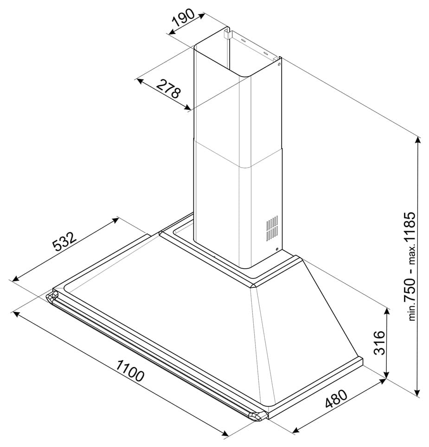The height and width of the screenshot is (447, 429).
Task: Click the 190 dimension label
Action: [x=184, y=18]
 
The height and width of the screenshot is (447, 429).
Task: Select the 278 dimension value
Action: [x=169, y=88]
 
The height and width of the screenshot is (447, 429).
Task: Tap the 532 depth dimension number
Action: [x=64, y=241]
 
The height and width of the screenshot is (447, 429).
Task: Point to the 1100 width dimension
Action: [x=130, y=370]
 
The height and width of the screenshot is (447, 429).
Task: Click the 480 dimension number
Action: [x=336, y=399]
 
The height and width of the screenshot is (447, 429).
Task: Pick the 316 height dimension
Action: [x=379, y=343]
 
